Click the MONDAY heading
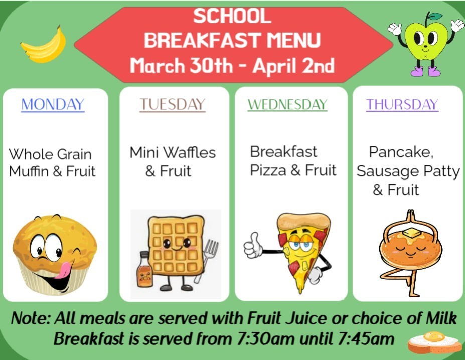tap(53, 105)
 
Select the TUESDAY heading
tap(172, 104)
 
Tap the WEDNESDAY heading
tap(287, 105)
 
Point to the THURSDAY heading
tap(402, 105)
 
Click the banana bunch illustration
tap(44, 45)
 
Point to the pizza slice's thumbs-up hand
tap(252, 244)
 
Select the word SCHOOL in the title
tap(232, 17)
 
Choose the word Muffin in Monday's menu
tap(29, 172)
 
